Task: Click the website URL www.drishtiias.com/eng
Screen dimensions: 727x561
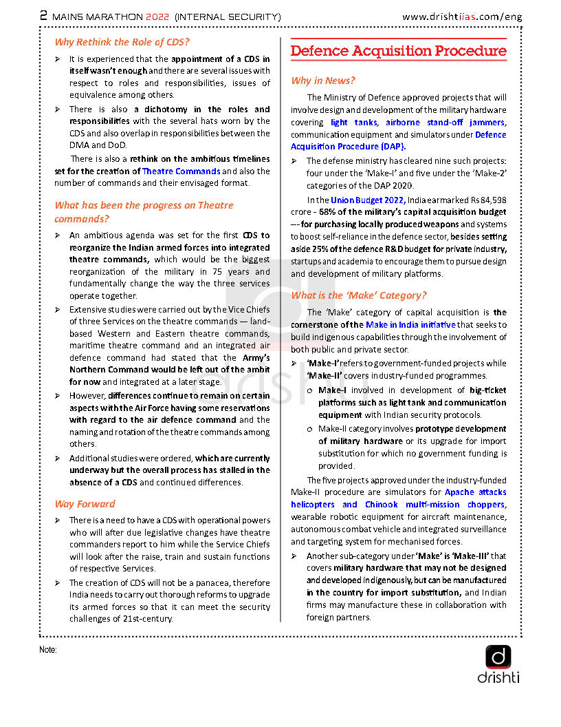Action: (x=461, y=16)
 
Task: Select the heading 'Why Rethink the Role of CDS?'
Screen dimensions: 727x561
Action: (x=122, y=42)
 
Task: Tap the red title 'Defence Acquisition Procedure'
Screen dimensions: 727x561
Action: (x=399, y=52)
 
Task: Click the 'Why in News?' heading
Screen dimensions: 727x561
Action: (x=323, y=81)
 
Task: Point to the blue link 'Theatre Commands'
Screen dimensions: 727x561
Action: (x=181, y=171)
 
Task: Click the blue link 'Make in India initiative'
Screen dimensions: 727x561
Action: (x=410, y=324)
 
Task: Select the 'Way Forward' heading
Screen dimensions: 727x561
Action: (x=85, y=504)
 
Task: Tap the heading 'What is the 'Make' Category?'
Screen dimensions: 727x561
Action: (x=359, y=295)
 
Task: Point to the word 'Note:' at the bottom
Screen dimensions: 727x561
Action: (x=48, y=650)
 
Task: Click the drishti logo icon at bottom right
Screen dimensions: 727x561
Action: (x=498, y=656)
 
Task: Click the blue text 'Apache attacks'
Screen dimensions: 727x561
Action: (x=476, y=492)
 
